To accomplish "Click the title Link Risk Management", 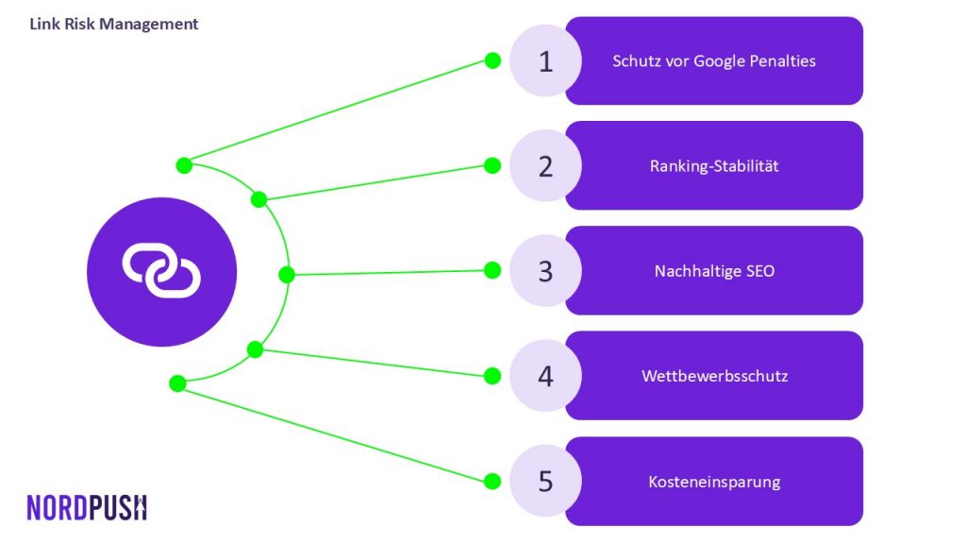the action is pyautogui.click(x=114, y=24).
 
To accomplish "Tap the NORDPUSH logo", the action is pyautogui.click(x=87, y=507).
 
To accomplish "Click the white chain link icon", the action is pyautogui.click(x=161, y=271).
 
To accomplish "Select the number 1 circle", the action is pyautogui.click(x=545, y=60).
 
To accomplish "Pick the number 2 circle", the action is pyautogui.click(x=545, y=165).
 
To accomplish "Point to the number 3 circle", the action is pyautogui.click(x=545, y=270).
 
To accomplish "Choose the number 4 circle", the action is pyautogui.click(x=545, y=376).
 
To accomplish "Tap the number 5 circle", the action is pyautogui.click(x=545, y=481).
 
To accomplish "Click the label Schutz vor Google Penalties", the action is pyautogui.click(x=714, y=61).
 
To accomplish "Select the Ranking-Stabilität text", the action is pyautogui.click(x=714, y=166).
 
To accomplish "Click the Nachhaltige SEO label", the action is pyautogui.click(x=714, y=271).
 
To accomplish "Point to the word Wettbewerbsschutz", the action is pyautogui.click(x=715, y=376).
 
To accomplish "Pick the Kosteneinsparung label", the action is pyautogui.click(x=714, y=482).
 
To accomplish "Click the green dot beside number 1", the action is pyautogui.click(x=492, y=60).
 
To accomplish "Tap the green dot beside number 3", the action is pyautogui.click(x=492, y=270).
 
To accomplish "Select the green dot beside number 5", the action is pyautogui.click(x=492, y=481).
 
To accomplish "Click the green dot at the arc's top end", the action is pyautogui.click(x=184, y=165).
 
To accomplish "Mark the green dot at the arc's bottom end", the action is pyautogui.click(x=177, y=383).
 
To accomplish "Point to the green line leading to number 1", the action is pyautogui.click(x=339, y=113).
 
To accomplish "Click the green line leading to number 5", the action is pyautogui.click(x=335, y=433).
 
